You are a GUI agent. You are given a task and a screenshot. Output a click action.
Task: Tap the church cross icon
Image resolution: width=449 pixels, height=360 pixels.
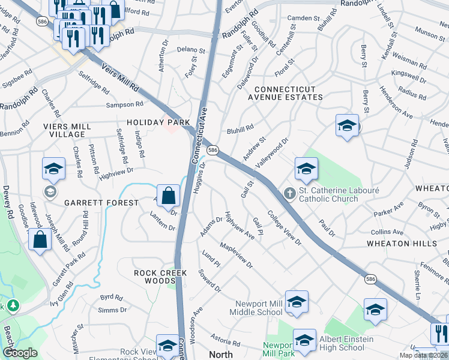tap(289, 193)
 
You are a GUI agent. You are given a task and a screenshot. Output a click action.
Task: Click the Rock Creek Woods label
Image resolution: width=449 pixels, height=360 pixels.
tap(160, 277)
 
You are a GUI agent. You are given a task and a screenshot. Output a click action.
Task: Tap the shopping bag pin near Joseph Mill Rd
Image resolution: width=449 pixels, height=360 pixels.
tap(40, 240)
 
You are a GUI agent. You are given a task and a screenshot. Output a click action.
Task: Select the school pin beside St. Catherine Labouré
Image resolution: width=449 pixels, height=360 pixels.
tap(306, 169)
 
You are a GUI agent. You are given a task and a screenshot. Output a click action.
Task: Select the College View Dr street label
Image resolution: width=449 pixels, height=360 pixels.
tap(285, 227)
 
